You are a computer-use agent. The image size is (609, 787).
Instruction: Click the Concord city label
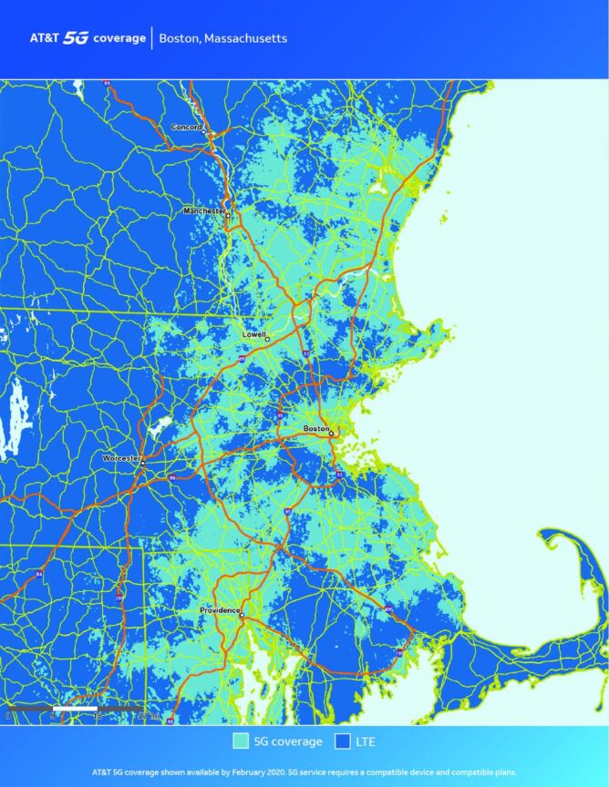click(x=186, y=127)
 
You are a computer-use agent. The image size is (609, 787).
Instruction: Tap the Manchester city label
click(x=203, y=210)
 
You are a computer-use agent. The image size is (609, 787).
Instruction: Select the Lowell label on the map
click(x=253, y=334)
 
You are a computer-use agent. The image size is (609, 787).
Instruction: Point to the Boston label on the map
click(x=315, y=428)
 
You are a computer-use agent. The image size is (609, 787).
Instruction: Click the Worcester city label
click(x=119, y=457)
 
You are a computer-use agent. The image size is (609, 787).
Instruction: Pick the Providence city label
click(x=219, y=609)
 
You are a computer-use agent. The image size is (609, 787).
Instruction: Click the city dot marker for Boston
click(x=331, y=434)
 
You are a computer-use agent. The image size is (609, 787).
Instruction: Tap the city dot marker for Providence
click(x=242, y=616)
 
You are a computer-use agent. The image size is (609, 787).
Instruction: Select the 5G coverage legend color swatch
click(x=242, y=741)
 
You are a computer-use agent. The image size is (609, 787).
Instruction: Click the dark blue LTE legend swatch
click(x=344, y=741)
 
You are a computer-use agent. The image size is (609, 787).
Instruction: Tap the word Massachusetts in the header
click(x=245, y=39)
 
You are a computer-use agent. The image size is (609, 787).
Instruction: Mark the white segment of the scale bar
click(x=75, y=708)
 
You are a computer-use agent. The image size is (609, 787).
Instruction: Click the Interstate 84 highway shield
click(x=39, y=573)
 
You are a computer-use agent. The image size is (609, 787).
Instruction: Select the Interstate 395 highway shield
click(x=119, y=597)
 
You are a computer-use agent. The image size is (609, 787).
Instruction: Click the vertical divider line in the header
click(x=151, y=38)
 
